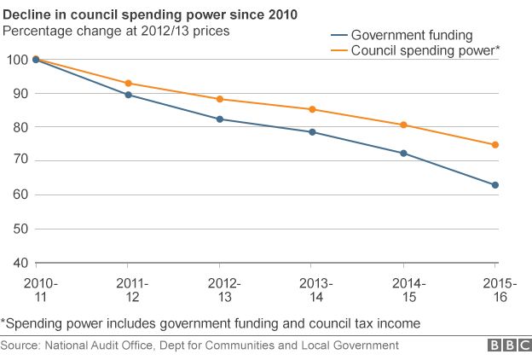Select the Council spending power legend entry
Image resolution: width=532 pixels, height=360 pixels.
pyautogui.click(x=413, y=52)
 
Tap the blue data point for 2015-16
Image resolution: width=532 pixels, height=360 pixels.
pyautogui.click(x=495, y=185)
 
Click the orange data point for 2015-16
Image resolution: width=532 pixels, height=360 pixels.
pyautogui.click(x=495, y=145)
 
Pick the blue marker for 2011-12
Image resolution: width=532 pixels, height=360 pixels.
pyautogui.click(x=128, y=95)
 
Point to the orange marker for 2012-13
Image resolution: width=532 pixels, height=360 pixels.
pyautogui.click(x=220, y=99)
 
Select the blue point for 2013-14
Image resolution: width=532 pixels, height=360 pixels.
pyautogui.click(x=312, y=132)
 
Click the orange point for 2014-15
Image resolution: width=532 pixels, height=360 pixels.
pyautogui.click(x=404, y=125)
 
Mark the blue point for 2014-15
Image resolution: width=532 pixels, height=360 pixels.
pyautogui.click(x=404, y=154)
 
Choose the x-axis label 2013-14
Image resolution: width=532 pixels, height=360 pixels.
pyautogui.click(x=312, y=290)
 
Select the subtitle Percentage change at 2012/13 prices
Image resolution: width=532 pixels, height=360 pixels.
pyautogui.click(x=116, y=31)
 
